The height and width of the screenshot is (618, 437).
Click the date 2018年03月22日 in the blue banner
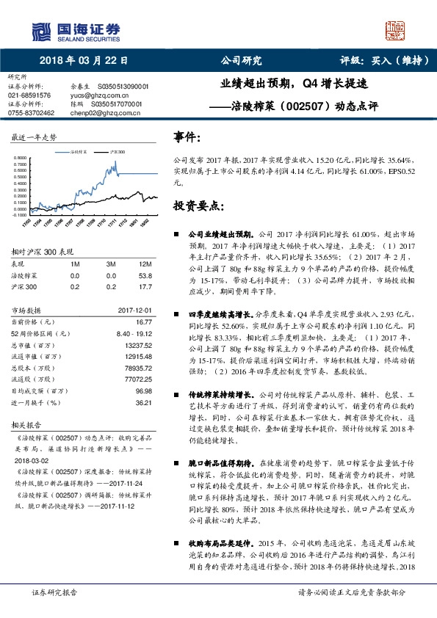pyautogui.click(x=83, y=62)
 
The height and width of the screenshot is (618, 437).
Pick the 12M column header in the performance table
pyautogui.click(x=144, y=263)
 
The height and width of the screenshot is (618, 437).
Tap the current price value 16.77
pyautogui.click(x=143, y=321)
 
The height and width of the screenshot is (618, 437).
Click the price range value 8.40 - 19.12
pyautogui.click(x=134, y=332)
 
